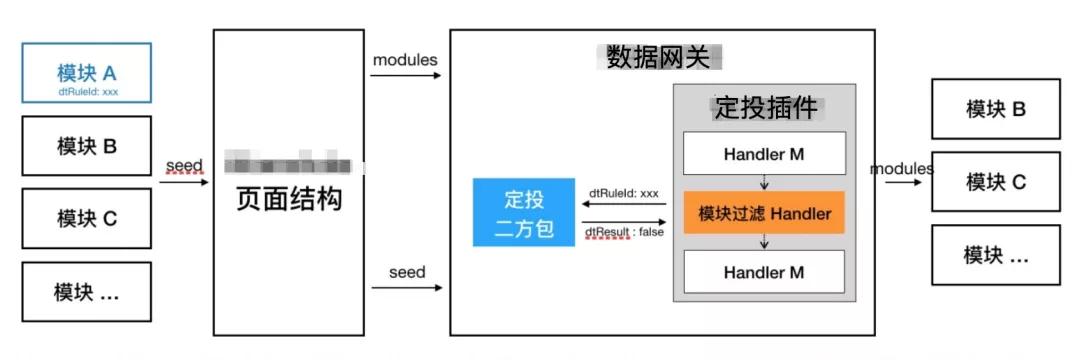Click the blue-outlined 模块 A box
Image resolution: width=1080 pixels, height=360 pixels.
click(87, 73)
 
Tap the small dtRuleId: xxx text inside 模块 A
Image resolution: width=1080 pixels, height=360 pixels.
click(87, 91)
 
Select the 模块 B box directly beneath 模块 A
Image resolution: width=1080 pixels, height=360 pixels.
click(87, 146)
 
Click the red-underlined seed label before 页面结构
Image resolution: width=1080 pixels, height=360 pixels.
click(184, 166)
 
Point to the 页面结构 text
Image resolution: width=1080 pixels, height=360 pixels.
click(288, 199)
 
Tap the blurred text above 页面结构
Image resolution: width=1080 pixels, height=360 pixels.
click(288, 164)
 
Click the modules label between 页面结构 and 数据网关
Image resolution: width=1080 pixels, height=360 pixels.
click(405, 60)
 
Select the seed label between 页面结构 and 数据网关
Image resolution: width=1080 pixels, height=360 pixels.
click(407, 272)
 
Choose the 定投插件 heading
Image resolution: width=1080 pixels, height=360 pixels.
click(765, 108)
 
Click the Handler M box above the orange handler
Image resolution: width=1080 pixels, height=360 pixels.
click(764, 154)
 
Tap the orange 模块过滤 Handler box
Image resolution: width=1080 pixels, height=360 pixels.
click(764, 214)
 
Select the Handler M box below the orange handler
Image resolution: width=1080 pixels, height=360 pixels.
click(764, 272)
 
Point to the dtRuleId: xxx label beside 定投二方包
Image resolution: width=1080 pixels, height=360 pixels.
click(624, 192)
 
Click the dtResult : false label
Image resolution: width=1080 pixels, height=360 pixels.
click(623, 233)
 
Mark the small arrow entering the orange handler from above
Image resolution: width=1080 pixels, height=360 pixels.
click(764, 184)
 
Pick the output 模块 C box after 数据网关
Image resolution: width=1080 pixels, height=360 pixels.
click(995, 182)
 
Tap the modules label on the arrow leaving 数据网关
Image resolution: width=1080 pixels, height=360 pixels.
click(902, 168)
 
